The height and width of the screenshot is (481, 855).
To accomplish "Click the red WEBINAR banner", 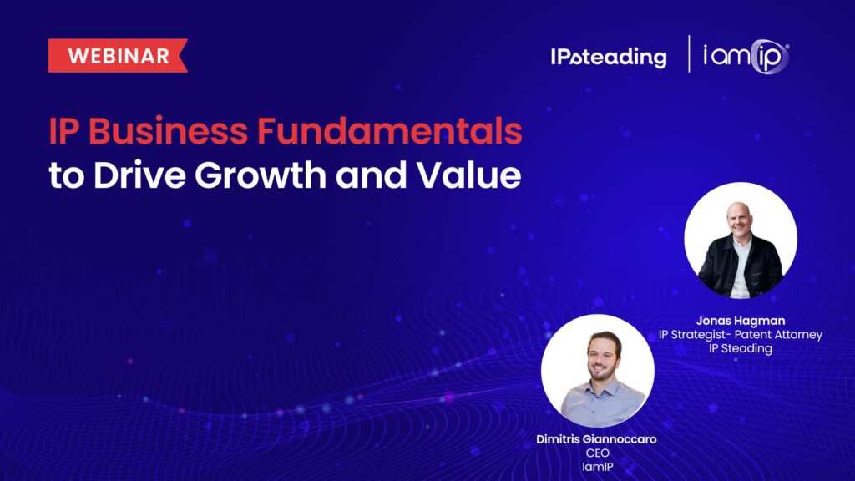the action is pos(118,56).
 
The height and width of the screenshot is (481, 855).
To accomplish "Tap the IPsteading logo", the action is pos(608,57).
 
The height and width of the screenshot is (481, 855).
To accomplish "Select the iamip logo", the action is pos(746,56).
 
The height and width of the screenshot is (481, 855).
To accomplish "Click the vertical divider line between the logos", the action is pos(689,54).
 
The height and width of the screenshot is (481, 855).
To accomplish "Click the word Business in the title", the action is pos(168,131).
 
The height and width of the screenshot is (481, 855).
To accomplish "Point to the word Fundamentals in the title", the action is pos(389,131).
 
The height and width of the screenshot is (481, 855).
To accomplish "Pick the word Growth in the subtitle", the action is pos(261,175).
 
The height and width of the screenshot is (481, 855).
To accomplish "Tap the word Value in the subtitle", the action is pos(469,175).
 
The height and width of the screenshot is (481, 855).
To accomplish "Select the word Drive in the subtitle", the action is pos(139,175).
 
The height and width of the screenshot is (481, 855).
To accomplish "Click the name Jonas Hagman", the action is pos(741,321).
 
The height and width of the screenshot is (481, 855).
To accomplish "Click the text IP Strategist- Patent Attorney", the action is pos(741,334).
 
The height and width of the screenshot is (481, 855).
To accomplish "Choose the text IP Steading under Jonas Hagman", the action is pos(741,348).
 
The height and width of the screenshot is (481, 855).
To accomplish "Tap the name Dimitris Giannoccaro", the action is pos(596,439).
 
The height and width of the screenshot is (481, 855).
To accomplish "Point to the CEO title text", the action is pos(598,453).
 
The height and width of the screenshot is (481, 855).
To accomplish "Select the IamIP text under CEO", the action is pos(598,467).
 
